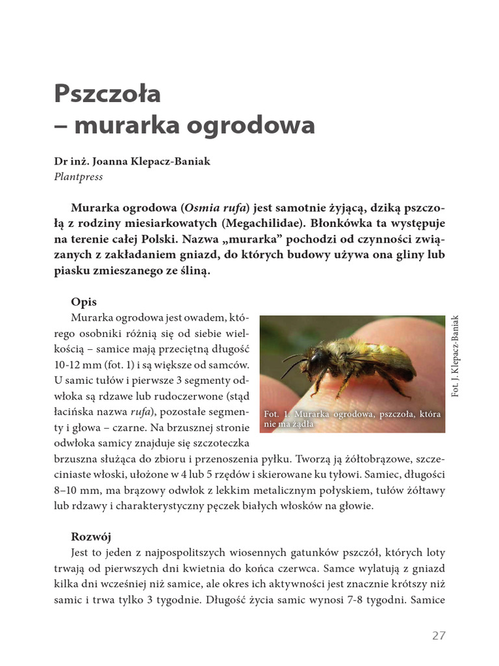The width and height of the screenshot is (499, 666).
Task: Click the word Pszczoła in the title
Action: (x=107, y=94)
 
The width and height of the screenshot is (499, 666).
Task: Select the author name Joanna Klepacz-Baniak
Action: (x=141, y=162)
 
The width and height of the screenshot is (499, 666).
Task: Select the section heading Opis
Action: (x=84, y=302)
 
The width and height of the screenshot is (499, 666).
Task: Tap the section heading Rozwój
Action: (x=91, y=537)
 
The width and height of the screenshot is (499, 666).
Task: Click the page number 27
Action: (x=439, y=635)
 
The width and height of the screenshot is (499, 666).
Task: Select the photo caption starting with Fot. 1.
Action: (x=352, y=420)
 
